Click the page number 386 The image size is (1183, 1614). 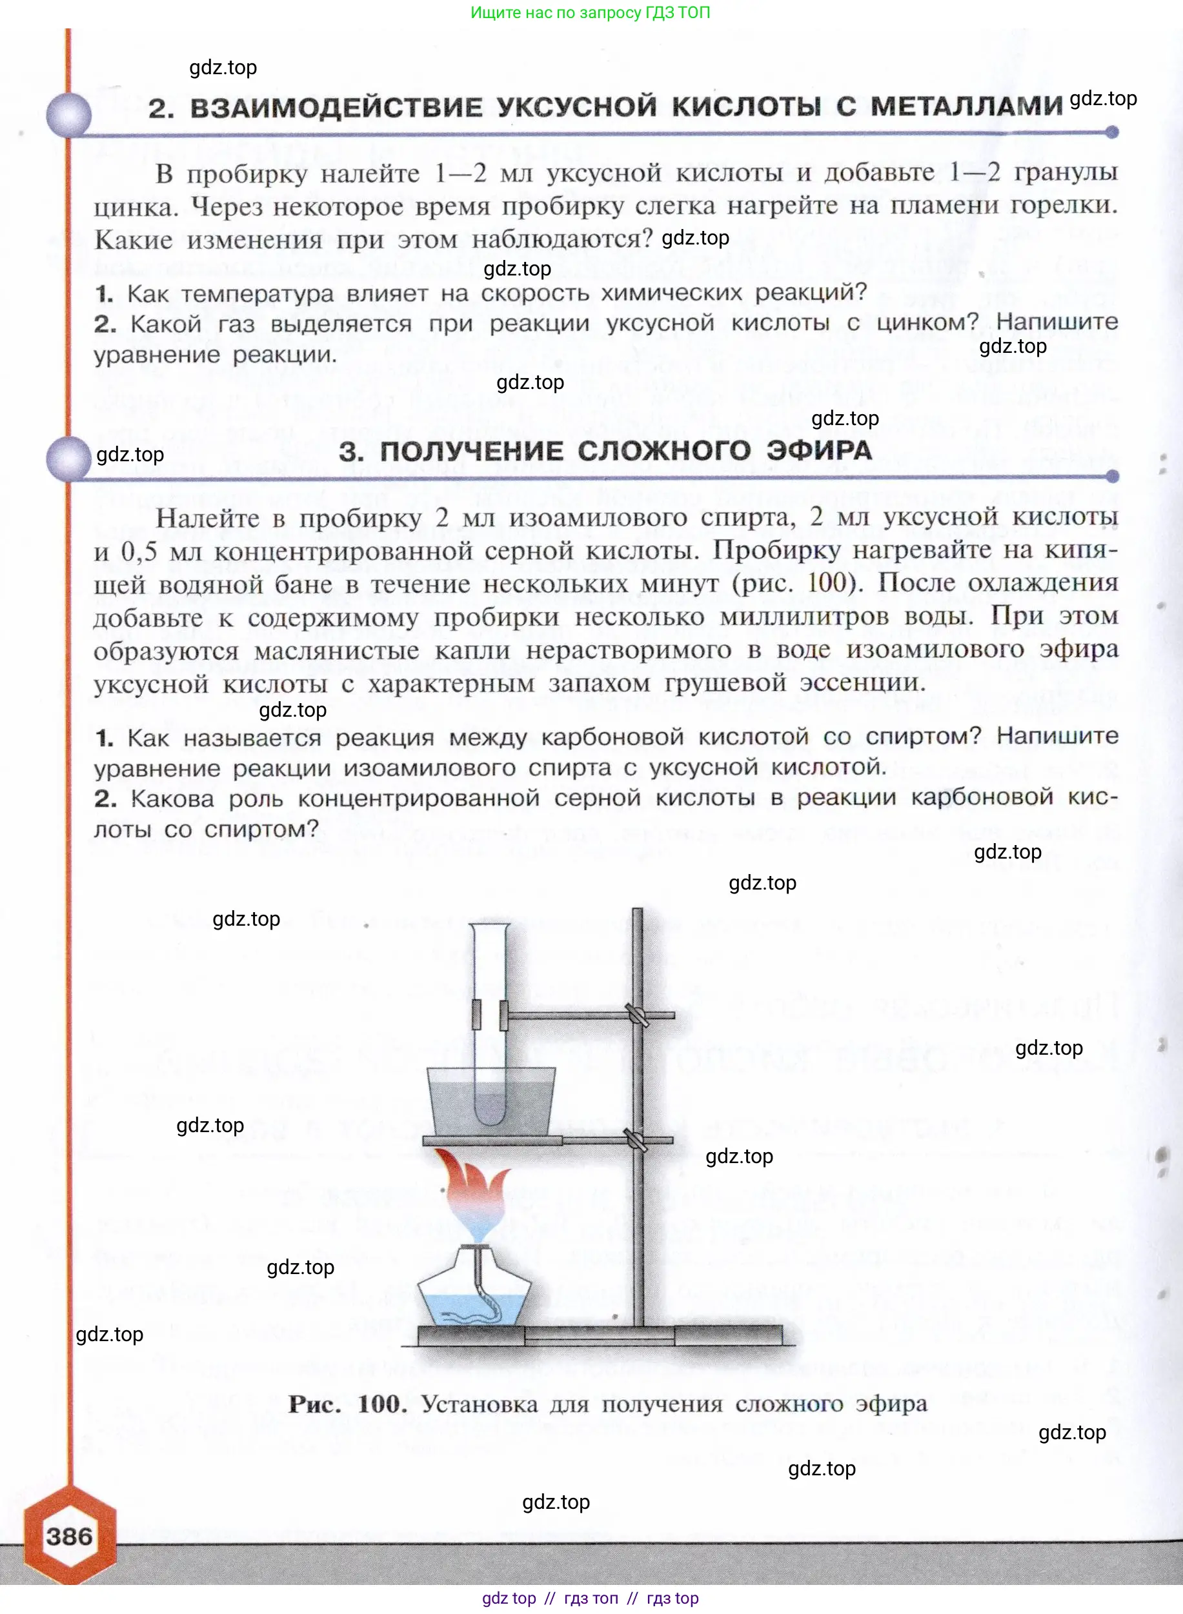point(70,1536)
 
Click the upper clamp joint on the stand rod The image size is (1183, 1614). point(636,1014)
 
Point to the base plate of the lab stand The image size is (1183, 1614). point(600,1335)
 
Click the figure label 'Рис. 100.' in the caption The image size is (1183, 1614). point(347,1404)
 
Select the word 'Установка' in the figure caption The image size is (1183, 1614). point(479,1404)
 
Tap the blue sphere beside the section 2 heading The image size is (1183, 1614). point(69,115)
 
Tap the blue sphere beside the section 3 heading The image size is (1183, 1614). point(69,459)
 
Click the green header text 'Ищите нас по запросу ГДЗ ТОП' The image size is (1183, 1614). point(590,12)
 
